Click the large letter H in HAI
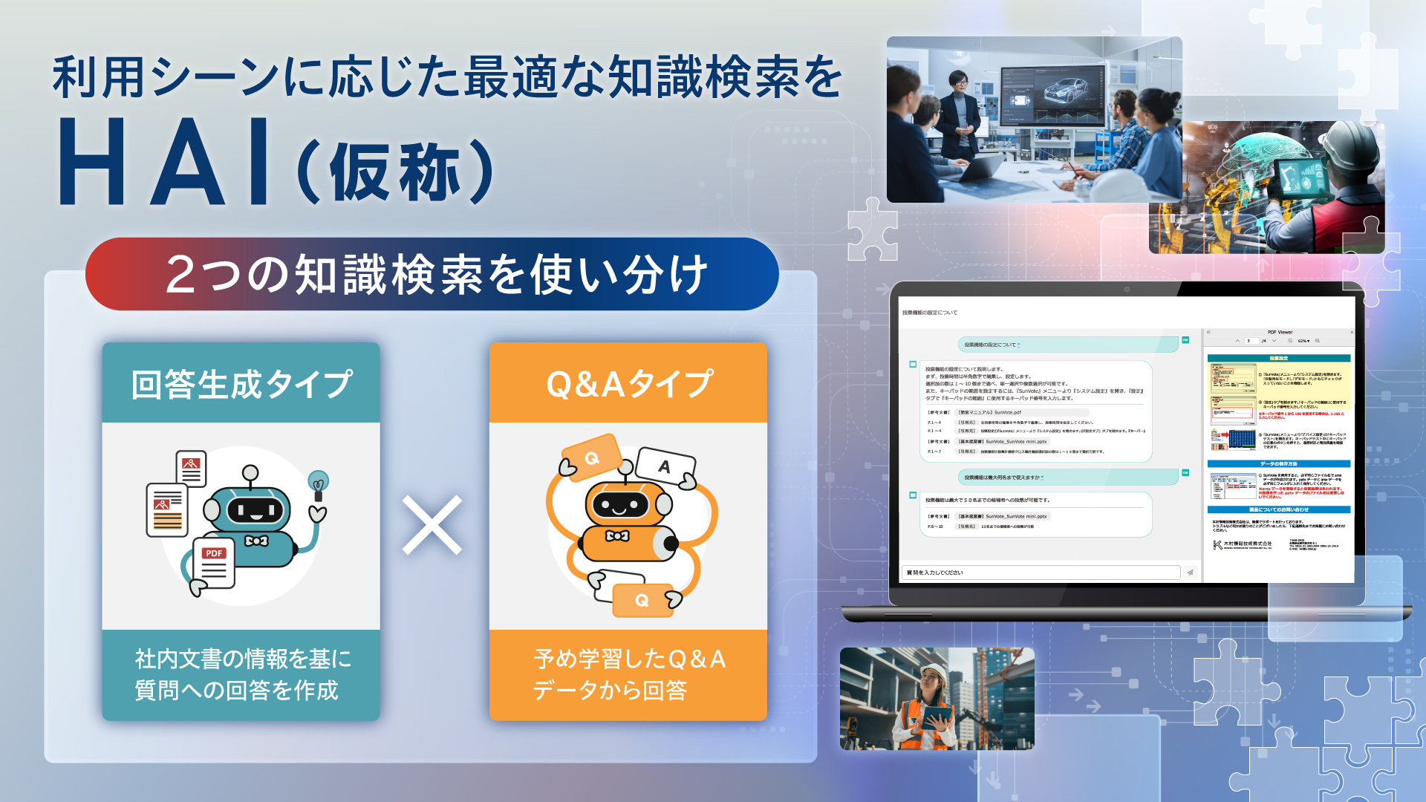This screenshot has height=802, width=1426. tap(93, 162)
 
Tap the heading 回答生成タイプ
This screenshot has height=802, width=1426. tap(241, 385)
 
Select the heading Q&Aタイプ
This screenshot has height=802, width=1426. tap(629, 385)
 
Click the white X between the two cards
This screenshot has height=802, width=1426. tap(432, 525)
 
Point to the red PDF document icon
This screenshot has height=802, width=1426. tap(214, 563)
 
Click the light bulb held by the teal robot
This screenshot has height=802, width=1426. tap(319, 483)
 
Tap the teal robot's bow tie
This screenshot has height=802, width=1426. tap(256, 541)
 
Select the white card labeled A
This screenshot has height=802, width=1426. tap(665, 466)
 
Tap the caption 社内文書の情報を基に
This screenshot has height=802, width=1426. tap(243, 659)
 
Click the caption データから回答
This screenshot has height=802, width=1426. tap(610, 691)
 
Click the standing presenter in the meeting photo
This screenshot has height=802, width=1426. tap(959, 119)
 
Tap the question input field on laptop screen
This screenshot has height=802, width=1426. tap(1040, 573)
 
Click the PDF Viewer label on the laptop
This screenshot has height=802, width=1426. tap(1280, 333)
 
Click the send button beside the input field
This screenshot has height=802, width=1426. tap(1190, 573)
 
